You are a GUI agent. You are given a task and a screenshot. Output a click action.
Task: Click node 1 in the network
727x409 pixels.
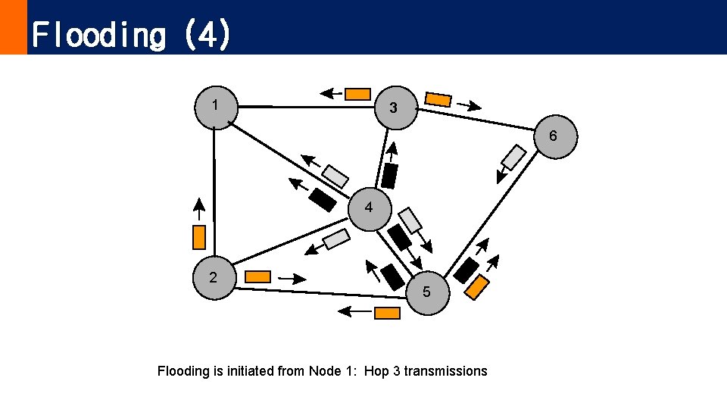pyautogui.click(x=217, y=107)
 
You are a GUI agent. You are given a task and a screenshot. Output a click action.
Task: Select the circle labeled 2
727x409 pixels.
pyautogui.click(x=214, y=278)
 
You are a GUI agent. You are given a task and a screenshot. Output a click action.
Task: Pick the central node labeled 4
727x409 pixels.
pyautogui.click(x=369, y=208)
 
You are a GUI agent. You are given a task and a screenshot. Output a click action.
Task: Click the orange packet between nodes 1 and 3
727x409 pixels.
pyautogui.click(x=358, y=94)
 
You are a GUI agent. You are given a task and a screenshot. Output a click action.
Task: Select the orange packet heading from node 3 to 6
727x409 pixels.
pyautogui.click(x=438, y=99)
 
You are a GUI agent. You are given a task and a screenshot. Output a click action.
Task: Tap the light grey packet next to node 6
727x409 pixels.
pyautogui.click(x=513, y=158)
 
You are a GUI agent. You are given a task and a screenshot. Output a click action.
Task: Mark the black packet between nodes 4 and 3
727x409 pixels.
pyautogui.click(x=389, y=176)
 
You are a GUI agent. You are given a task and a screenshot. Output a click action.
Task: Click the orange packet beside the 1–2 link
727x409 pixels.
pyautogui.click(x=199, y=237)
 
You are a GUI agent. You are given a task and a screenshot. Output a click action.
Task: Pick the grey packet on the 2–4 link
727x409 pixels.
pyautogui.click(x=335, y=239)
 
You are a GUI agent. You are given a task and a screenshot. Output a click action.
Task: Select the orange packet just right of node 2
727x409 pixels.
pyautogui.click(x=258, y=276)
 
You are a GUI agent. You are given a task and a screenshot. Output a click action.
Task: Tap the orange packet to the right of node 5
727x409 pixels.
pyautogui.click(x=477, y=287)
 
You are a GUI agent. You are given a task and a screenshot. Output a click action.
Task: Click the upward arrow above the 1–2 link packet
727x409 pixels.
pyautogui.click(x=198, y=208)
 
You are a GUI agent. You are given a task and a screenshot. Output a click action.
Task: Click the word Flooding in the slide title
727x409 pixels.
pyautogui.click(x=98, y=35)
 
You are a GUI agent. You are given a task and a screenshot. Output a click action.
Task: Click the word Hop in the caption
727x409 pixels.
pyautogui.click(x=377, y=371)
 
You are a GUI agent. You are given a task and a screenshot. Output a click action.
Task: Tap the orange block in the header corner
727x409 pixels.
pyautogui.click(x=13, y=27)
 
